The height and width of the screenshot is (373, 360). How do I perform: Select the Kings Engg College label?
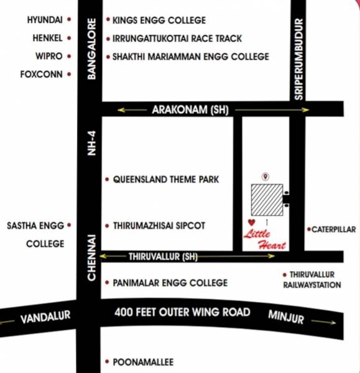coord(159,21)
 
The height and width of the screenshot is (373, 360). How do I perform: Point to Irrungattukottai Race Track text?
coord(177,38)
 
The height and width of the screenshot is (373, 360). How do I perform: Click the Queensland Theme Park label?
coord(165,180)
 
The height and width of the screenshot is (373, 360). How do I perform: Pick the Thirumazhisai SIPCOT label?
coord(159,226)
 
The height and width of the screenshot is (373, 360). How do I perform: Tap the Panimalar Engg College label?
coord(170,283)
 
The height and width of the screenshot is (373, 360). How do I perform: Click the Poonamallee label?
coord(142,362)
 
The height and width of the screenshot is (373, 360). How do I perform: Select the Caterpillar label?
coord(333,229)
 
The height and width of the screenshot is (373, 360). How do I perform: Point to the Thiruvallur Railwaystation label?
coord(308,280)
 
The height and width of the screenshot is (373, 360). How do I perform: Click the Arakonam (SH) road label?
coord(190,110)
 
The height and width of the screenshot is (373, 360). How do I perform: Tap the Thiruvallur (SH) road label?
coord(162,256)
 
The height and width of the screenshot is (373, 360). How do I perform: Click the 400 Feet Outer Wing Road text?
coord(182,312)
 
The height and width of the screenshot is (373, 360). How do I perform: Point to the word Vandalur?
coord(45,319)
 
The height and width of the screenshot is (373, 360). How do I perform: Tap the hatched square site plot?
coord(266,200)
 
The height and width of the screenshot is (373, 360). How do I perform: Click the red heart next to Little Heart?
coord(251,223)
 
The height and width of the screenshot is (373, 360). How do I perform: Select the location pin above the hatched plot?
coord(265,177)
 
